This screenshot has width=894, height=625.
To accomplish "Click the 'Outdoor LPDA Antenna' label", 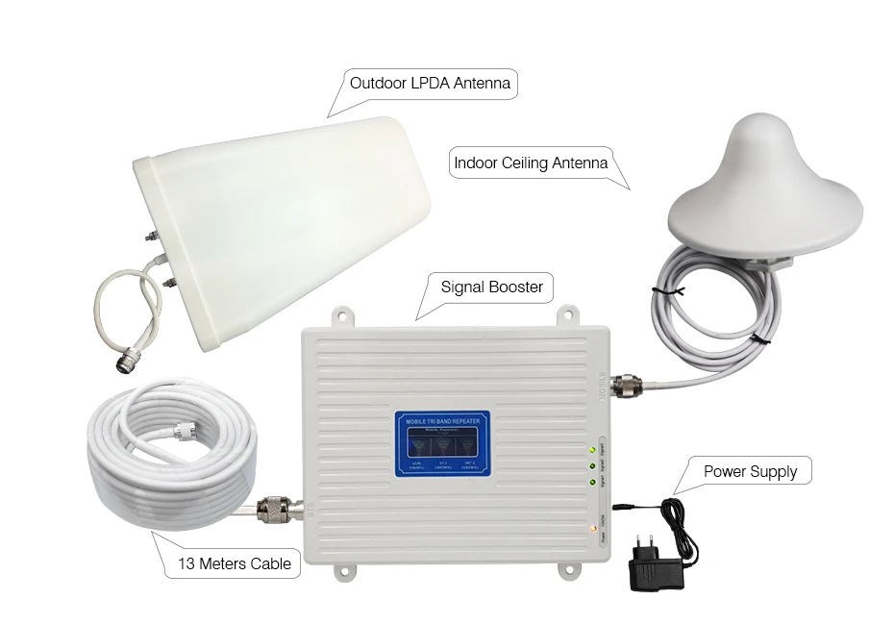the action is (430, 84).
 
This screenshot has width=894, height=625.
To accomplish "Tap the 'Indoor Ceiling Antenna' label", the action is (530, 162).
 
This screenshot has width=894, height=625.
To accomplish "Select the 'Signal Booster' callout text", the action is (491, 287).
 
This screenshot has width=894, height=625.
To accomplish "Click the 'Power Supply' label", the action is (750, 471).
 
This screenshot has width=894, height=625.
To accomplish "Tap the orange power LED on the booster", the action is (587, 529).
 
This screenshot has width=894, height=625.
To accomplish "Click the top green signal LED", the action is (587, 449).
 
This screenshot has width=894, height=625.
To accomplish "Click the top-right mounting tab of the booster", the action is (568, 315).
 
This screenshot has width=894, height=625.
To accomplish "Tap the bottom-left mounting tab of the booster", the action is (343, 573).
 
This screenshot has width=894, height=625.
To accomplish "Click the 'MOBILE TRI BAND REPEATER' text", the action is (442, 420).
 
